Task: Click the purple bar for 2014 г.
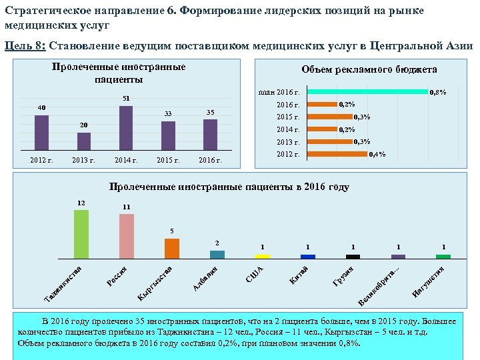[x=126, y=129]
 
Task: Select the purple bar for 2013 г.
[x=84, y=142]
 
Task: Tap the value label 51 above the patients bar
[x=125, y=99]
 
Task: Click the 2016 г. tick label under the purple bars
[x=210, y=160]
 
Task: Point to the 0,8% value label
[x=438, y=92]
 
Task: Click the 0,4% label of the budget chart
[x=377, y=155]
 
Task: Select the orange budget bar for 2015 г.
[x=331, y=117]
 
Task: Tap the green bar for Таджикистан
[x=81, y=234]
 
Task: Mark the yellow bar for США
[x=263, y=256]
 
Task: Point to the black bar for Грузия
[x=353, y=256]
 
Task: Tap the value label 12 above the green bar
[x=81, y=202]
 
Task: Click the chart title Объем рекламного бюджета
[x=369, y=69]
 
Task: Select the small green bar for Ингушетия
[x=443, y=256]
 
